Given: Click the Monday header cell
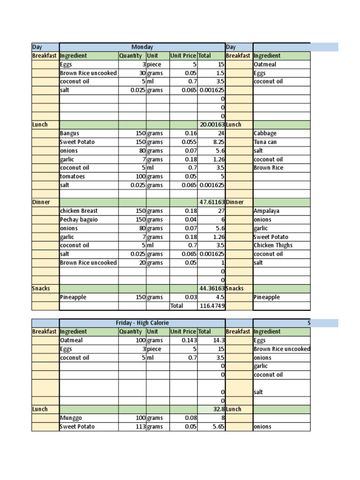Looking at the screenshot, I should pyautogui.click(x=142, y=47).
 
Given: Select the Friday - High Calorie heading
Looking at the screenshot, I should pyautogui.click(x=142, y=323).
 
